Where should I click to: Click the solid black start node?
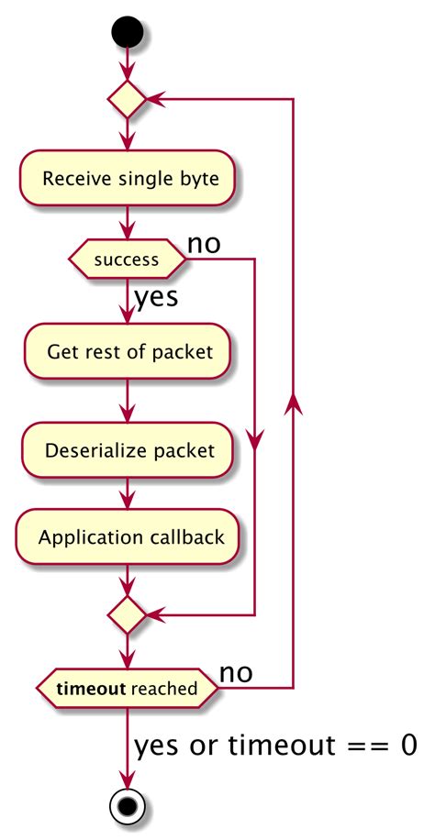point(128,31)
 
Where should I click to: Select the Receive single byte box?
point(128,178)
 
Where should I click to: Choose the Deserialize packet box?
point(128,450)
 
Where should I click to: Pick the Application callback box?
point(128,537)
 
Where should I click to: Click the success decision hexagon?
point(128,260)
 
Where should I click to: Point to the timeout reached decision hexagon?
point(128,689)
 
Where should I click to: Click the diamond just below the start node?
point(128,99)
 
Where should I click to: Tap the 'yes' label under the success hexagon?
point(156,298)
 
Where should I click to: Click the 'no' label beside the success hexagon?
point(205,244)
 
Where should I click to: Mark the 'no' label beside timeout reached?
point(236,673)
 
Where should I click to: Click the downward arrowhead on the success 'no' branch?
point(253,444)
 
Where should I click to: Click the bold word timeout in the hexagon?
point(91,689)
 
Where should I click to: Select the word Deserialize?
point(90,451)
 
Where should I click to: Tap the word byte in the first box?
point(200,178)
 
